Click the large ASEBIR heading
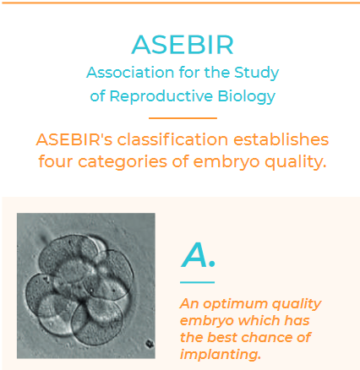[183, 45]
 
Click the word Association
[130, 73]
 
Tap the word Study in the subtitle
[257, 73]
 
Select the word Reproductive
[161, 96]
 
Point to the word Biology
[247, 96]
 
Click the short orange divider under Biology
[183, 118]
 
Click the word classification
[172, 139]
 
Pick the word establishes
[281, 139]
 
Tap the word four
[56, 161]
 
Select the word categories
[123, 162]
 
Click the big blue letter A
[194, 255]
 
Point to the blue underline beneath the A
[197, 282]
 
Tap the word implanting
[221, 355]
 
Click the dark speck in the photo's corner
[149, 344]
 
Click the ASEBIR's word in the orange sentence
[74, 139]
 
